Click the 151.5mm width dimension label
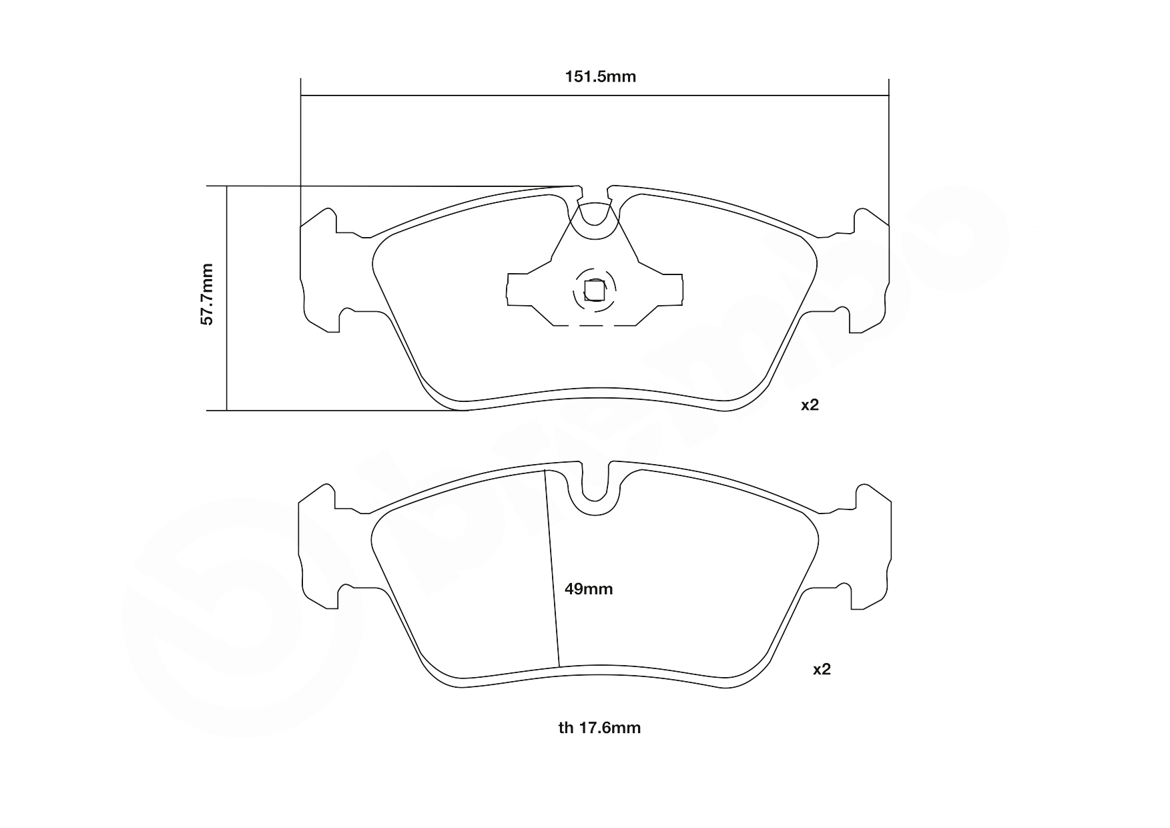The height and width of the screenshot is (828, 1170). click(x=600, y=77)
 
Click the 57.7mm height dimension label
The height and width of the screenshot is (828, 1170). click(x=208, y=294)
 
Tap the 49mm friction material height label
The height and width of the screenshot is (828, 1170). click(x=588, y=589)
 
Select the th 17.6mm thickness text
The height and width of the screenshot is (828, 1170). click(x=599, y=728)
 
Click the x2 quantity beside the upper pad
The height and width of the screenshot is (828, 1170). click(x=810, y=405)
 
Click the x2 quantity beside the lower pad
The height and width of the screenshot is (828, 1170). click(x=822, y=669)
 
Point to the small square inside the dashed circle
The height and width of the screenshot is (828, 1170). click(x=594, y=290)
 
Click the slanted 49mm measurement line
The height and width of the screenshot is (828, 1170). click(x=552, y=568)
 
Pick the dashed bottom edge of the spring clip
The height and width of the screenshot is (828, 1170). click(x=594, y=325)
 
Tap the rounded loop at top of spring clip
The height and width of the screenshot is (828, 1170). click(x=594, y=224)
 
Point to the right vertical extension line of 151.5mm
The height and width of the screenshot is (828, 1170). click(x=888, y=154)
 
